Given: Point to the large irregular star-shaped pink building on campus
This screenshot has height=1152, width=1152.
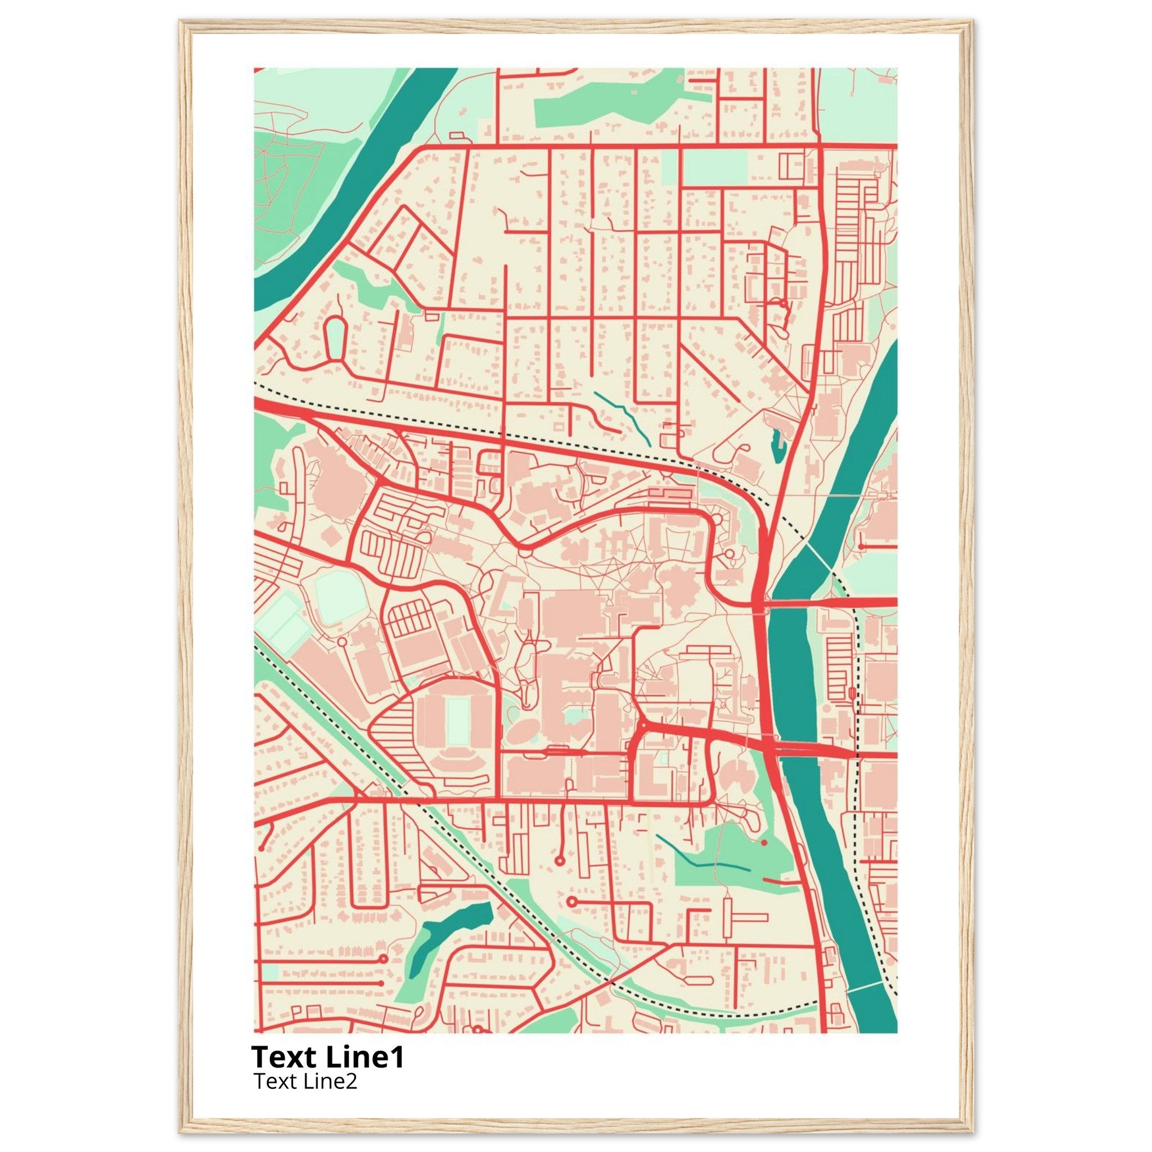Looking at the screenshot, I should click(x=679, y=590).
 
